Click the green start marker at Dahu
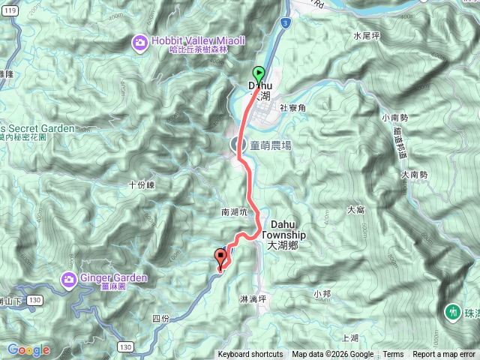pyautogui.click(x=258, y=73)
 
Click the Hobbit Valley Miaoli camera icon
pyautogui.click(x=139, y=42)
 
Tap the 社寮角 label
pyautogui.click(x=293, y=108)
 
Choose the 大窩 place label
pyautogui.click(x=355, y=210)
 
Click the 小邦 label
pyautogui.click(x=322, y=293)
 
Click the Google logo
pyautogui.click(x=28, y=350)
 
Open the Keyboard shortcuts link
pyautogui.click(x=250, y=355)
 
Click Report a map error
pyautogui.click(x=443, y=355)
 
